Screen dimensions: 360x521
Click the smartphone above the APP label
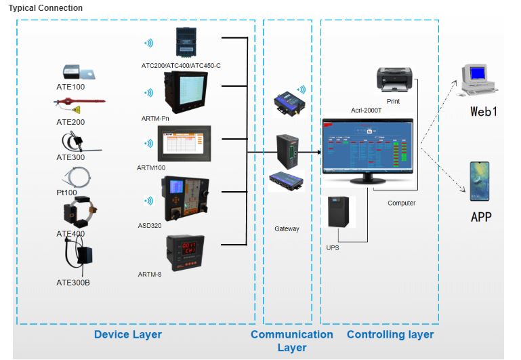479,181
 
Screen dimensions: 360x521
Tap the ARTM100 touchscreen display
183,143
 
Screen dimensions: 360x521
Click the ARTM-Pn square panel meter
184,92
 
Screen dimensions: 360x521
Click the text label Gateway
287,229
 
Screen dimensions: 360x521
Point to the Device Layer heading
128,334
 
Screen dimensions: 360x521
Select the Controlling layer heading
390,334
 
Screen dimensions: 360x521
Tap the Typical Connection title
45,8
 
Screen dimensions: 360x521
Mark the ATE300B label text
73,282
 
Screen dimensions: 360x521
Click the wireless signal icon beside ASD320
147,200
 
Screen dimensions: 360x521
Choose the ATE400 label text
70,235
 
